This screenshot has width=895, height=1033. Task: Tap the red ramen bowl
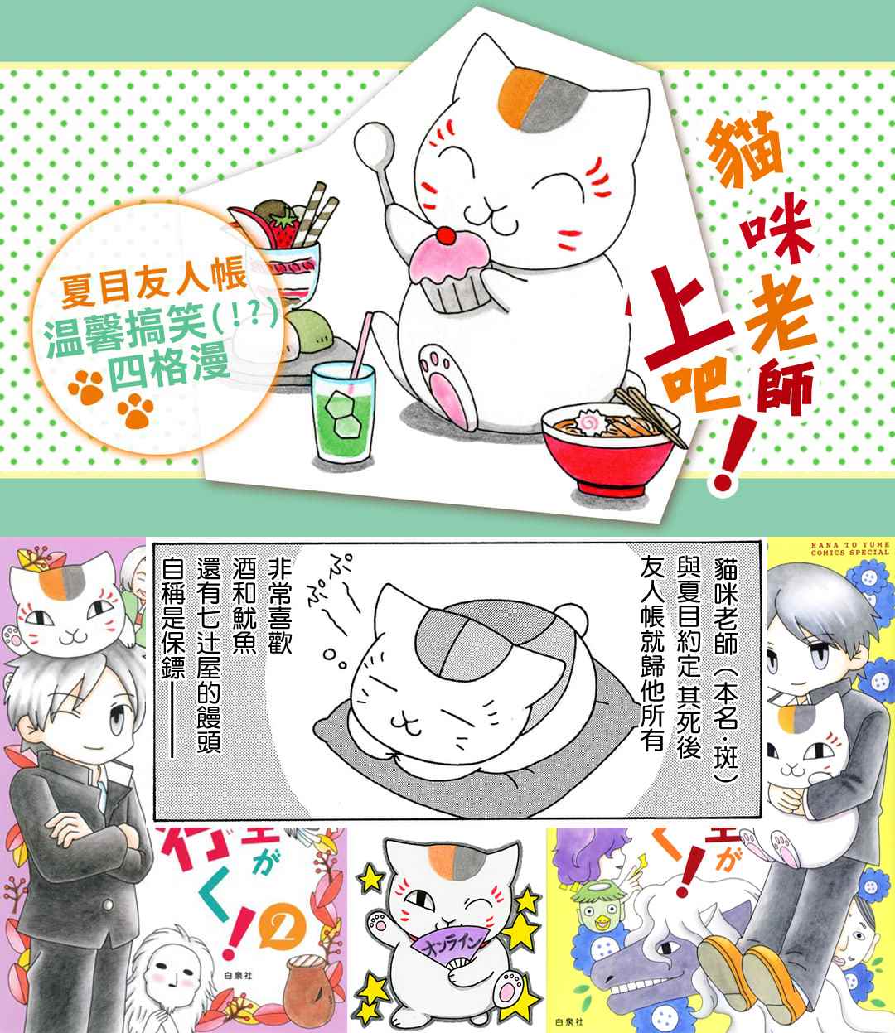click(x=611, y=451)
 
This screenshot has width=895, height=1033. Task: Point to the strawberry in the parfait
click(x=282, y=227)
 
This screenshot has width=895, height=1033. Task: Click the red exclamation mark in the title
click(x=729, y=451)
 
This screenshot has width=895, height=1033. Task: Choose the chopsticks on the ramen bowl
click(x=650, y=418)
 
